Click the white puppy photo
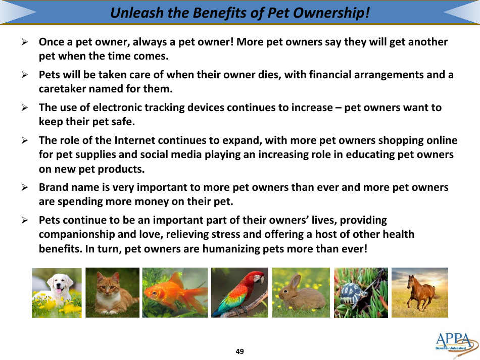pyautogui.click(x=57, y=292)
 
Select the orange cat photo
pyautogui.click(x=112, y=292)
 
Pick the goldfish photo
pyautogui.click(x=175, y=292)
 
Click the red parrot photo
pyautogui.click(x=239, y=292)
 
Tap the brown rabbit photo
pyautogui.click(x=301, y=292)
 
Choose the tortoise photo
pyautogui.click(x=361, y=292)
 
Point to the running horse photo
pyautogui.click(x=419, y=292)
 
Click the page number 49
pyautogui.click(x=239, y=351)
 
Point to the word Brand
pyautogui.click(x=54, y=187)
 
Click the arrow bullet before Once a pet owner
pyautogui.click(x=24, y=42)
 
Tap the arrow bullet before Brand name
pyautogui.click(x=24, y=187)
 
